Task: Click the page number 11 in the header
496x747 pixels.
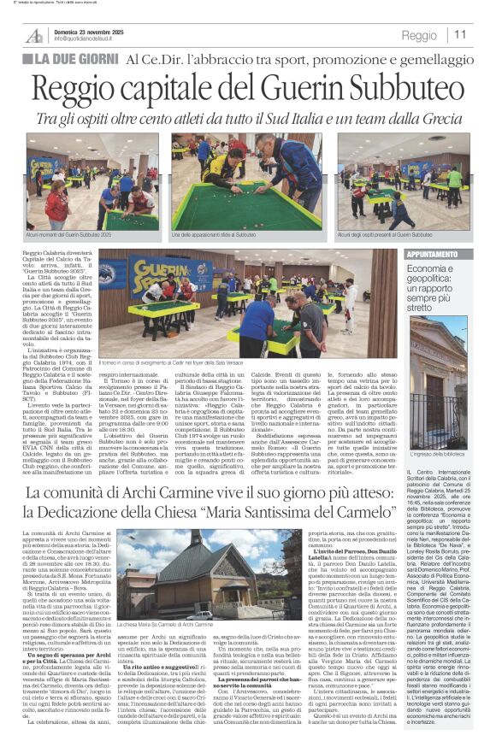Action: tap(461, 35)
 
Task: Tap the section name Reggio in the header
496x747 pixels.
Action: tap(419, 36)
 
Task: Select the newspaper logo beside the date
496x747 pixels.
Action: tap(34, 35)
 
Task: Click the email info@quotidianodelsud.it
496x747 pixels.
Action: tap(92, 39)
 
